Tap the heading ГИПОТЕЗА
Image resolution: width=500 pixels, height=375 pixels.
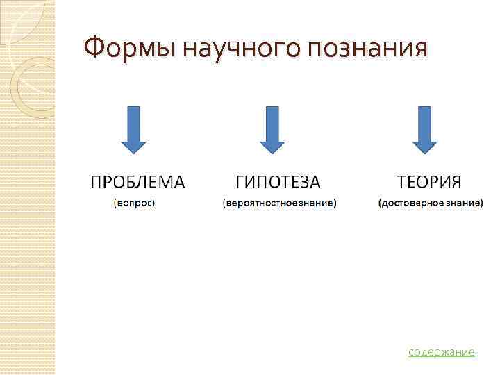click(x=278, y=182)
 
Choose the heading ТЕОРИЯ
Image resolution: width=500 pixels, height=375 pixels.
click(x=429, y=182)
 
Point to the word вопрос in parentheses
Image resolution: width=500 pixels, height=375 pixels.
click(x=134, y=203)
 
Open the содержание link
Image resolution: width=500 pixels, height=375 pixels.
click(x=442, y=352)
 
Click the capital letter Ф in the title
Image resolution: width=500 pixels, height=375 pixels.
click(x=92, y=49)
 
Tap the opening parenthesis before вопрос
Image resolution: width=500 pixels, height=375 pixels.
click(x=115, y=203)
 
